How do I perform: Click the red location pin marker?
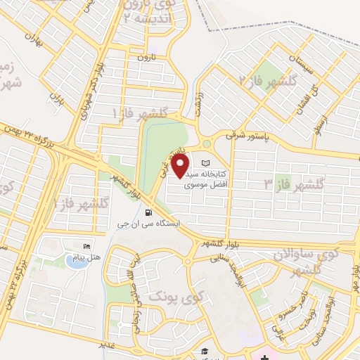181,166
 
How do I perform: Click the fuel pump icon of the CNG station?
148,212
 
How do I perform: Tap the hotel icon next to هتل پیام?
86,247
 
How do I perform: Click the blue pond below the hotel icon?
75,260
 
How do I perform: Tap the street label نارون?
146,56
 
